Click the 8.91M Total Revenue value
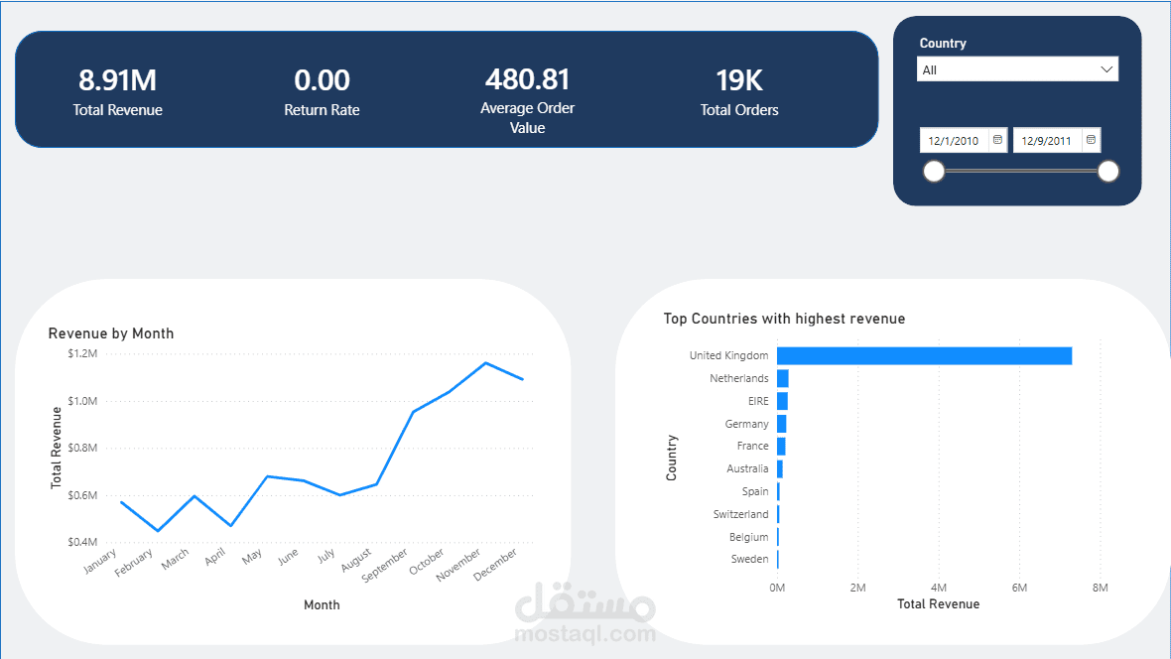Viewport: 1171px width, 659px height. [117, 80]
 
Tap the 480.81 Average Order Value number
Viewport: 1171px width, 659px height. [527, 79]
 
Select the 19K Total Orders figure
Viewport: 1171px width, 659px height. [739, 80]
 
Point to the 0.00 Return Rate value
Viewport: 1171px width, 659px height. [322, 80]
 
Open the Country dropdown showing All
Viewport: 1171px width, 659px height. [1017, 69]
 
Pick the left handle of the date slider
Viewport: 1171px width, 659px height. [934, 172]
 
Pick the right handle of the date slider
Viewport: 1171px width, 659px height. [1108, 172]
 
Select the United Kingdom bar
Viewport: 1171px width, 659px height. [923, 355]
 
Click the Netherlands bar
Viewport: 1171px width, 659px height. [783, 378]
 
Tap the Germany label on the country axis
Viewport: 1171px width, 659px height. [746, 424]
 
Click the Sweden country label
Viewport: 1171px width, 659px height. [749, 560]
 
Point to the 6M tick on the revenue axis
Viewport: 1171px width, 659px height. [1019, 588]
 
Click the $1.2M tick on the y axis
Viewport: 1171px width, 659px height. [82, 353]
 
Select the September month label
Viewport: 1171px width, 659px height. [384, 565]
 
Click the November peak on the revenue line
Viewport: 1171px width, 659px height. [485, 362]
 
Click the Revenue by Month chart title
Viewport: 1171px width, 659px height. [111, 333]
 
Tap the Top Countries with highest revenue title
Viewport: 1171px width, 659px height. [784, 319]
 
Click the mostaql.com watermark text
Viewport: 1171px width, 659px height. [585, 634]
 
